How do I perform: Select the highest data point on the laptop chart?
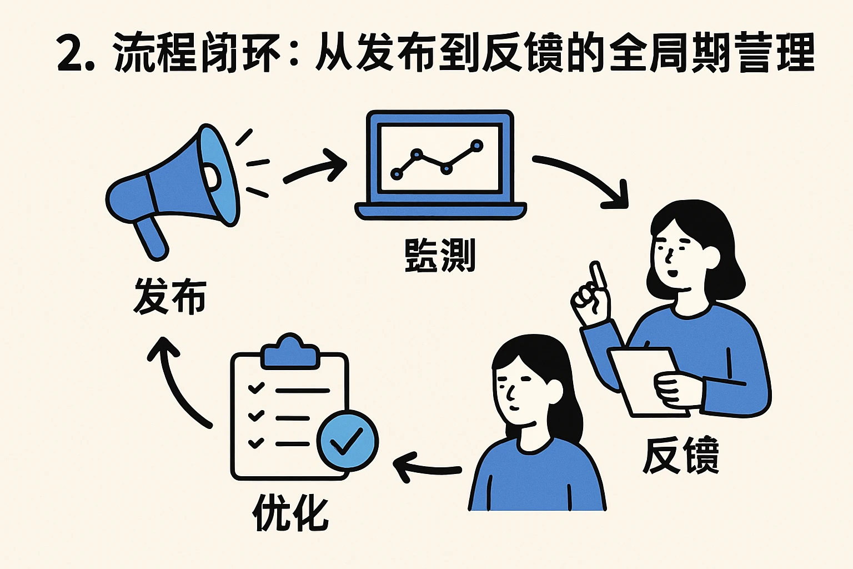(x=476, y=146)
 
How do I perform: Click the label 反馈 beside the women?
(x=681, y=456)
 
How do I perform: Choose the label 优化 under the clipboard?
(x=290, y=512)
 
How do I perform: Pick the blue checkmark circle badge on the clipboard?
(x=347, y=442)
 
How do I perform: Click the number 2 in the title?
(x=71, y=54)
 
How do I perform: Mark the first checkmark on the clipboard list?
(x=256, y=388)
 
